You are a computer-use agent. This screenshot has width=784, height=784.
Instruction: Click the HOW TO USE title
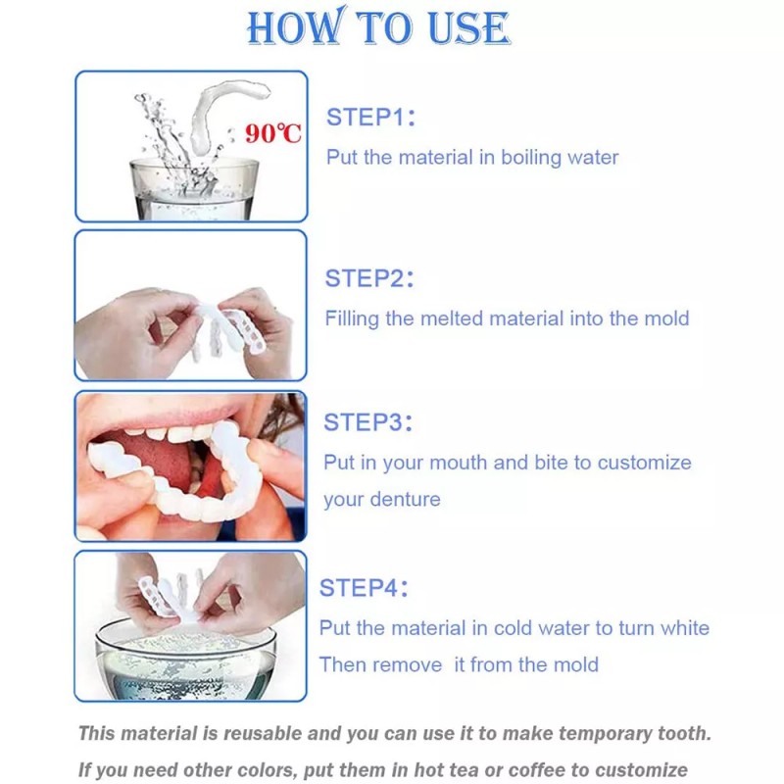[x=378, y=27]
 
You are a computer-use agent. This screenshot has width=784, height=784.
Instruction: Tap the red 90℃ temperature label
[x=273, y=133]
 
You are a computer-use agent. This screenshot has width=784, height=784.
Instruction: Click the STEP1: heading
[x=370, y=118]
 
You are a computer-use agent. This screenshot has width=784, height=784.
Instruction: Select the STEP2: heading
[x=369, y=278]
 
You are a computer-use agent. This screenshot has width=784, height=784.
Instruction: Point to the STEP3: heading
[x=368, y=422]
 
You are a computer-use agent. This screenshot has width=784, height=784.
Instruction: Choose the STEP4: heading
[x=364, y=587]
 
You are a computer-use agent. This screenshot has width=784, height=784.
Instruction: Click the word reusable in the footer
[x=263, y=733]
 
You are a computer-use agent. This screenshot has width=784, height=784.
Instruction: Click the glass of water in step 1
[x=194, y=189]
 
